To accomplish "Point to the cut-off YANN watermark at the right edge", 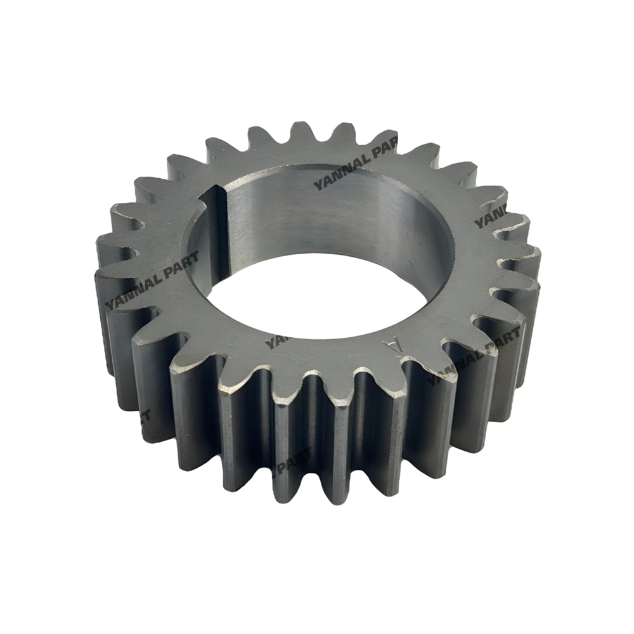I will [x=492, y=217].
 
